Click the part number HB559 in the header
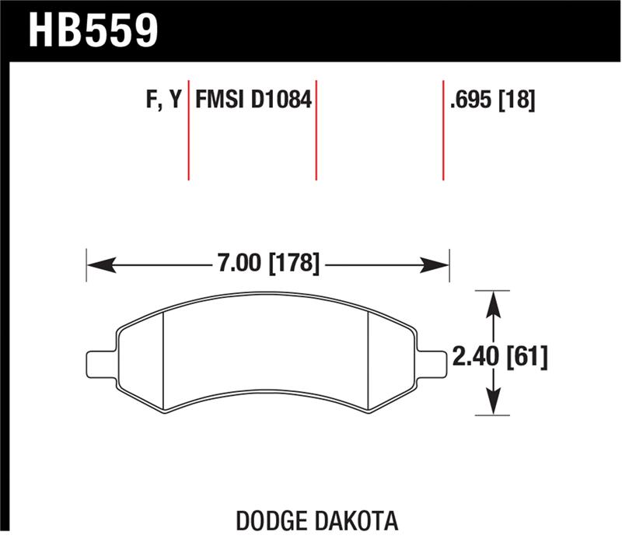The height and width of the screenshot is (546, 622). [93, 29]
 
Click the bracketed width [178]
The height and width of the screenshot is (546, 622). [293, 264]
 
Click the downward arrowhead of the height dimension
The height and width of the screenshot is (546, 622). [492, 406]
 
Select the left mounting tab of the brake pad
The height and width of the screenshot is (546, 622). [100, 362]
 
